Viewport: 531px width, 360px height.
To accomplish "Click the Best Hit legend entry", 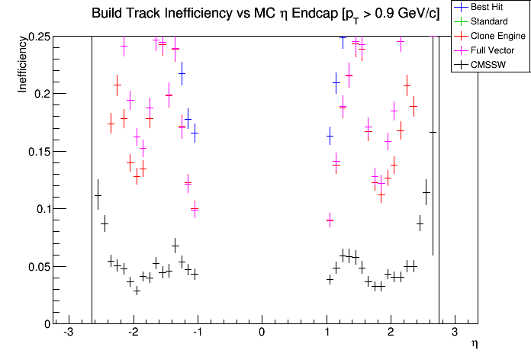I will coord(488,8).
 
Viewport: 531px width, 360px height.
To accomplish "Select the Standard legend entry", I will coord(488,21).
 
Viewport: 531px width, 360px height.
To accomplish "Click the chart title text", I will coord(265,14).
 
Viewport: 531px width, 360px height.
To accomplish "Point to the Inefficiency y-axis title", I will coord(24,66).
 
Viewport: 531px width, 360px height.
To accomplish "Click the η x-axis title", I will coord(474,344).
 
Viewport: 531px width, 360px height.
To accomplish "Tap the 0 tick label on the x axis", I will coord(262,333).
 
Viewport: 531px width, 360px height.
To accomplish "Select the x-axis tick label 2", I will coord(391,333).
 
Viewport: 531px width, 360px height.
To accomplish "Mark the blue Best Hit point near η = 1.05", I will coord(330,137).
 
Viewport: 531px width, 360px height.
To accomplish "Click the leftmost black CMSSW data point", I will coord(98,196).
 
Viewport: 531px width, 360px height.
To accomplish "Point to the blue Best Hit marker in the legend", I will coord(459,8).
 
